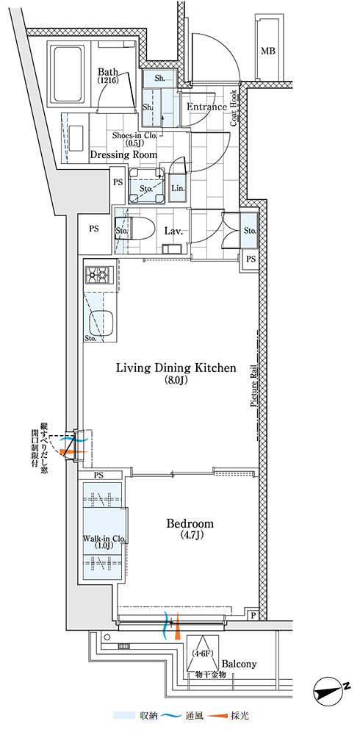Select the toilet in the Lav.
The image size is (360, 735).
pyautogui.click(x=137, y=230)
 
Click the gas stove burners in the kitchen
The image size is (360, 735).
pyautogui.click(x=99, y=275)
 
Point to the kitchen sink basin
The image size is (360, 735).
pyautogui.click(x=101, y=323)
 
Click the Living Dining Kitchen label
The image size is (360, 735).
pyautogui.click(x=176, y=368)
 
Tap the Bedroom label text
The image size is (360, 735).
pyautogui.click(x=190, y=523)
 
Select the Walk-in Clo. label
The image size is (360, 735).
pyautogui.click(x=104, y=538)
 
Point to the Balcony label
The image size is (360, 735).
pyautogui.click(x=239, y=664)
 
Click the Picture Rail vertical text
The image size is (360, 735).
pyautogui.click(x=254, y=387)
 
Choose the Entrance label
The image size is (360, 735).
pyautogui.click(x=206, y=107)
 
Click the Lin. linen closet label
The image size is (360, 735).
pyautogui.click(x=178, y=188)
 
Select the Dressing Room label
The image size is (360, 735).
pyautogui.click(x=123, y=154)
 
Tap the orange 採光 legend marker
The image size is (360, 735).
pyautogui.click(x=217, y=716)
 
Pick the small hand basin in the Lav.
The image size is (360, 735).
pyautogui.click(x=169, y=248)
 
